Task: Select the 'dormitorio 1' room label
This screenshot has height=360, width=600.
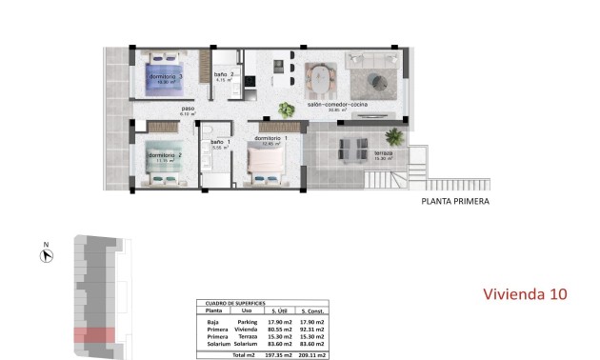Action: click(274, 138)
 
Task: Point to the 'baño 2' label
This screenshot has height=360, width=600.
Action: click(224, 74)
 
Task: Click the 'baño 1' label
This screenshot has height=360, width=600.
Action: click(221, 143)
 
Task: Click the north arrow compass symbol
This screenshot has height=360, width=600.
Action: click(45, 254)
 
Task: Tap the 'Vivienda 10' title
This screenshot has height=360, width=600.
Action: click(525, 294)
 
